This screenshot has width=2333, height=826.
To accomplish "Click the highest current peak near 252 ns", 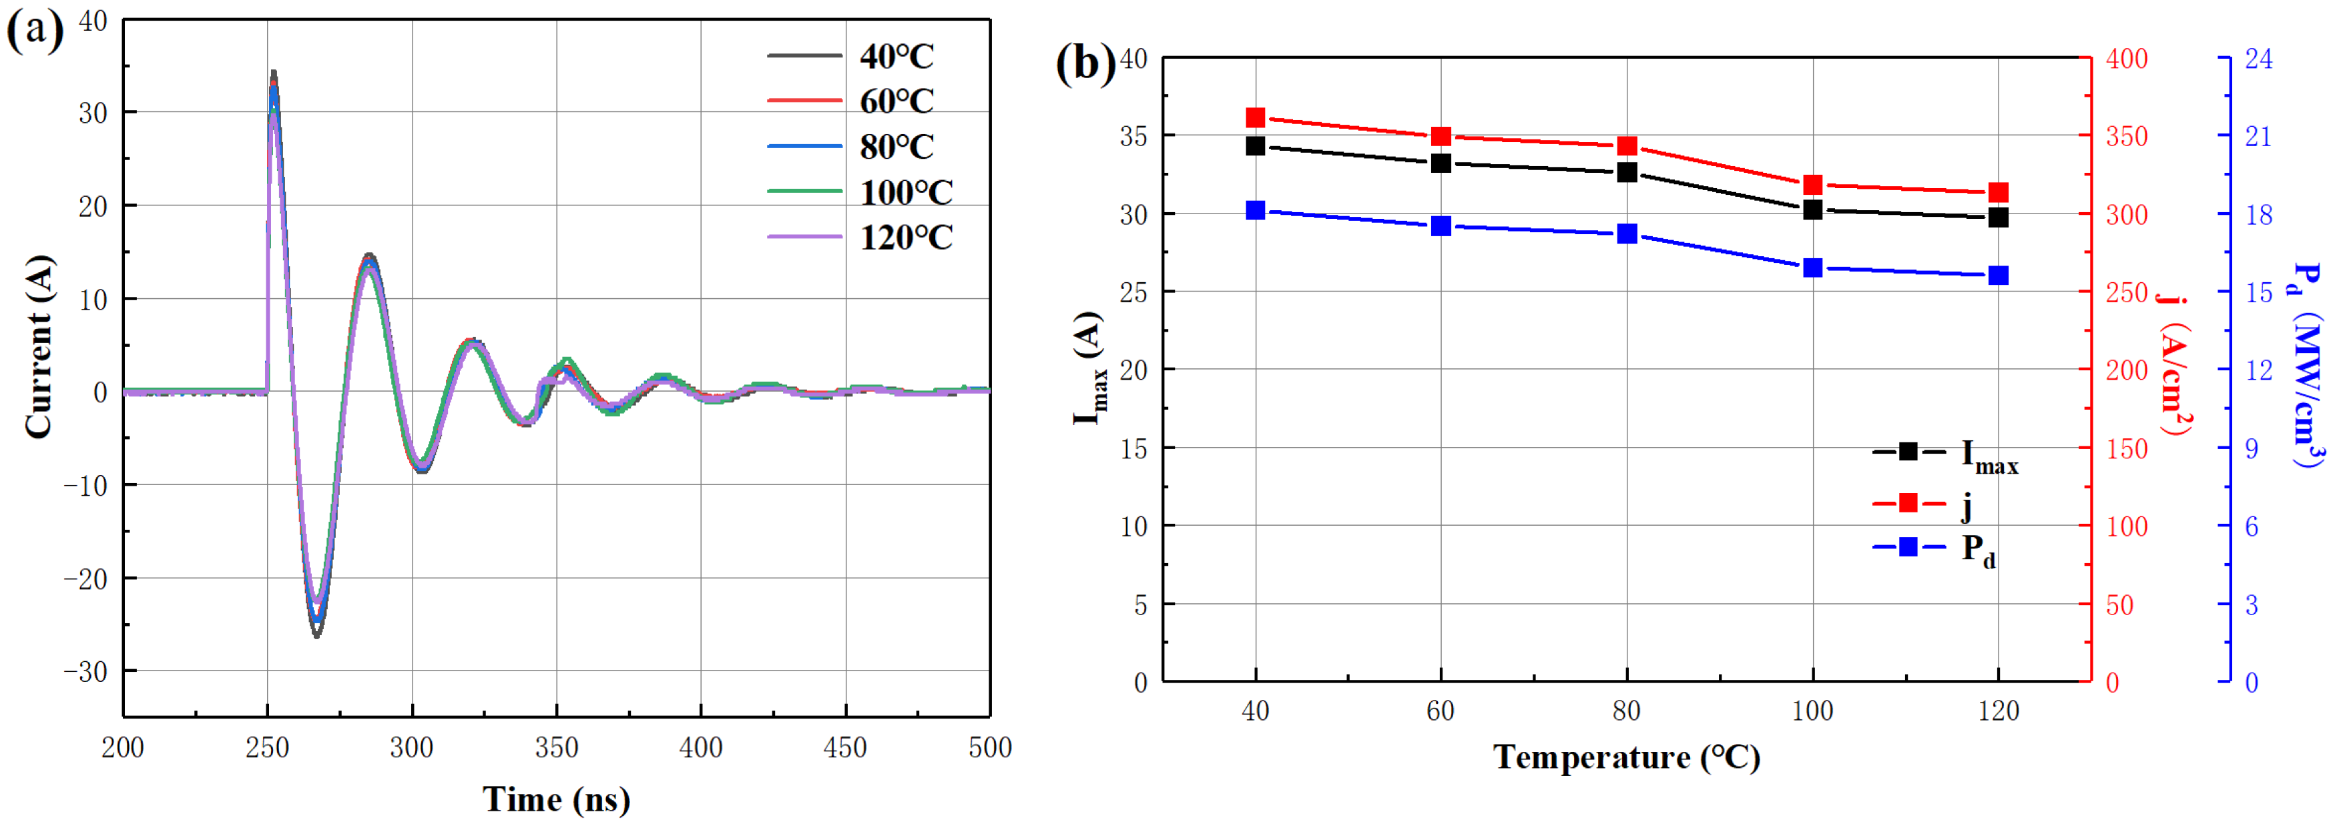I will pyautogui.click(x=274, y=73).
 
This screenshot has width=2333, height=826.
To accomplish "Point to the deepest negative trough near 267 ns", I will pyautogui.click(x=317, y=636).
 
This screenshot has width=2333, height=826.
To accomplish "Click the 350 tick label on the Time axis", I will pyautogui.click(x=556, y=748).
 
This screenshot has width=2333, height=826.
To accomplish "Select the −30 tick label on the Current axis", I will pyautogui.click(x=85, y=671).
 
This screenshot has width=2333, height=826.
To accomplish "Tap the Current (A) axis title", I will pyautogui.click(x=38, y=346).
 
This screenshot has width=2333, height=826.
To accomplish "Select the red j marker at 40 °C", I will pyautogui.click(x=1255, y=117).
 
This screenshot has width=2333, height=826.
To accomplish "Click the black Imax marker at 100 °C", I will pyautogui.click(x=1812, y=210).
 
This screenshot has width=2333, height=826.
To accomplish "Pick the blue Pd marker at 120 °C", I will pyautogui.click(x=1998, y=276).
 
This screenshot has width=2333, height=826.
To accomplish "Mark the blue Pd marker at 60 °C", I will pyautogui.click(x=1441, y=226).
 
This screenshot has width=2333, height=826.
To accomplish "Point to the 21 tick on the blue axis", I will pyautogui.click(x=2258, y=137).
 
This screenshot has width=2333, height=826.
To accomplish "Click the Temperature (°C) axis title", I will pyautogui.click(x=1627, y=757).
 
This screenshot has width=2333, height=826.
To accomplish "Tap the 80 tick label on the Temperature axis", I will pyautogui.click(x=1627, y=712).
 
